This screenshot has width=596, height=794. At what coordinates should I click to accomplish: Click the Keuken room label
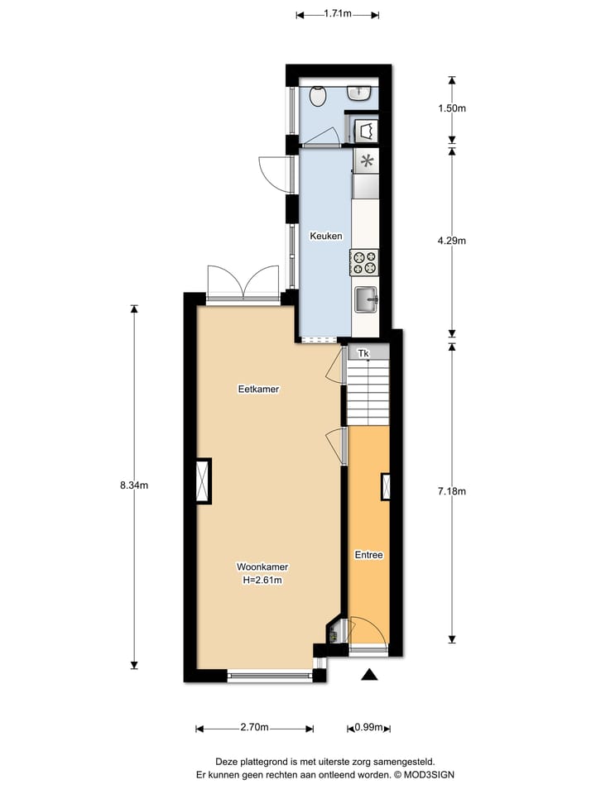(325, 236)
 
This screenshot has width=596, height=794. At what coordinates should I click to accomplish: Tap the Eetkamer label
(257, 389)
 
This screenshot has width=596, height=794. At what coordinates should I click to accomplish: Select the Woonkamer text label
(262, 567)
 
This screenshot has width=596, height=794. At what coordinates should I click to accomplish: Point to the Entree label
(368, 555)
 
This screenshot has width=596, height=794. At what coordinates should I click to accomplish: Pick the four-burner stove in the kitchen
(365, 262)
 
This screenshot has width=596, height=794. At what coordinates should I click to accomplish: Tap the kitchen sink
(365, 299)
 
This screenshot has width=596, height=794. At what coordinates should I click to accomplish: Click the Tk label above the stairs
(363, 354)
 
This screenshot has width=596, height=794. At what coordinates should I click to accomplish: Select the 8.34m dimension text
(133, 485)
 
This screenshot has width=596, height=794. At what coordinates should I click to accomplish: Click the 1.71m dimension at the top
(337, 13)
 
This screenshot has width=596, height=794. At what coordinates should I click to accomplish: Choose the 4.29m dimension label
(452, 242)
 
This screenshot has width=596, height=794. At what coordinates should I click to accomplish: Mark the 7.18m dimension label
(452, 491)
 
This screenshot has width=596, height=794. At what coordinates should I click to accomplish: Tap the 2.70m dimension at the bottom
(254, 728)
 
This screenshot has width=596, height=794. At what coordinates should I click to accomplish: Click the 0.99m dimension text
(368, 728)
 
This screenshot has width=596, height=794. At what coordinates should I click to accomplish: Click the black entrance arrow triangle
(369, 676)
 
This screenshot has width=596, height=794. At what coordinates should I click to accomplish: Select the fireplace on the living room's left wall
(203, 481)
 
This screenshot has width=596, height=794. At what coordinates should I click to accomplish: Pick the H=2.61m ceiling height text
(262, 580)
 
